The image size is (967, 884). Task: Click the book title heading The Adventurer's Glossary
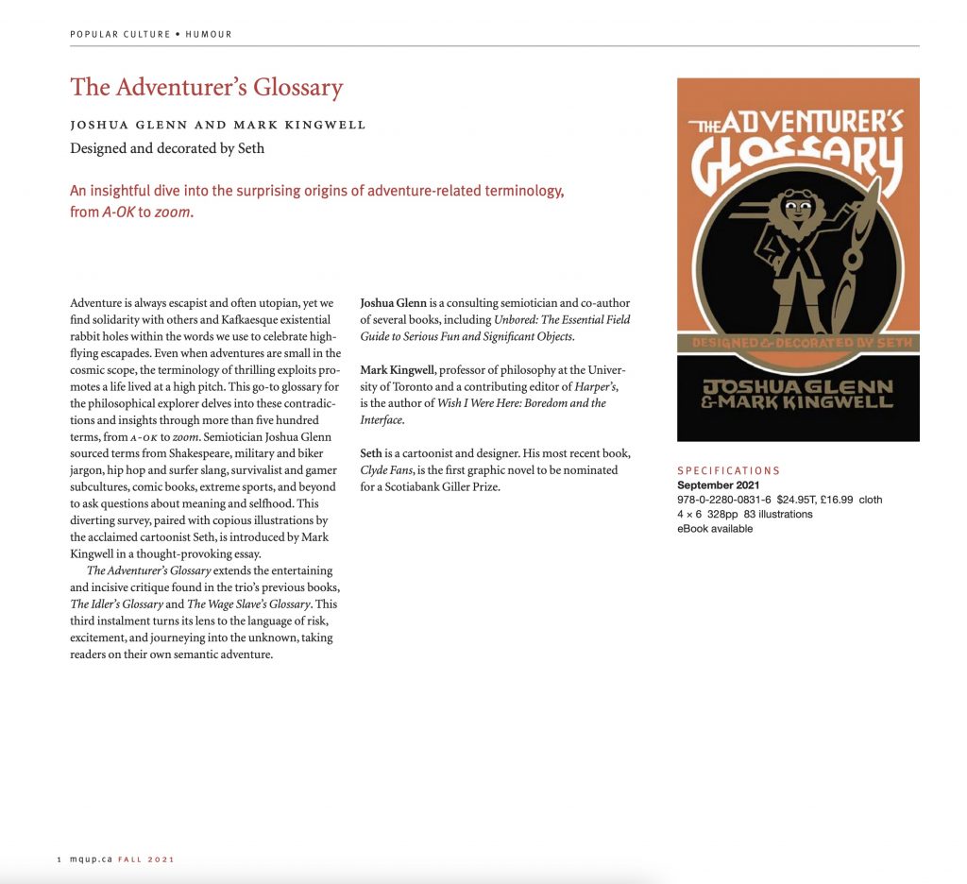coord(206,88)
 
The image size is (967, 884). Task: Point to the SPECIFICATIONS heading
coord(729,470)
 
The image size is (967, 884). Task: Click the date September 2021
coord(719,485)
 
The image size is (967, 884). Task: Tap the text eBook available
coord(715,529)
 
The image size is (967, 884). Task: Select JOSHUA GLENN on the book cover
coord(798,384)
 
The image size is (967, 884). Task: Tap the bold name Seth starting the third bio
coord(371,453)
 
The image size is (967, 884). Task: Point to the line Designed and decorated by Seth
coord(167,147)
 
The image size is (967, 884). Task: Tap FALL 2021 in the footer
coord(146,859)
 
